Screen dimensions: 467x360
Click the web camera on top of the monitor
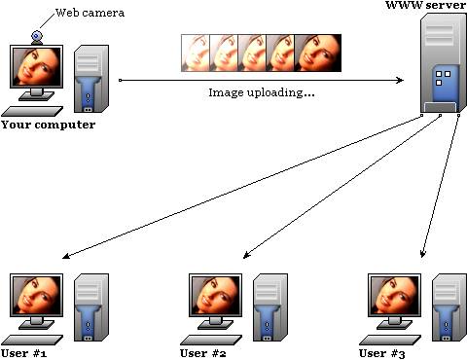pyautogui.click(x=37, y=37)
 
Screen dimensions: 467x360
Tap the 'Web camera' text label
pyautogui.click(x=90, y=13)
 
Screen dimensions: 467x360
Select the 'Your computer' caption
pyautogui.click(x=49, y=125)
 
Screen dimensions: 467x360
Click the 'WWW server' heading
pyautogui.click(x=425, y=5)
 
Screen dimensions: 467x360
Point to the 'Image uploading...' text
pyautogui.click(x=262, y=92)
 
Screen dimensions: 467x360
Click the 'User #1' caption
pyautogui.click(x=23, y=353)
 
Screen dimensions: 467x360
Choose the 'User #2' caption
pyautogui.click(x=203, y=353)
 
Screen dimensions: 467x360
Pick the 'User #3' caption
pyautogui.click(x=382, y=353)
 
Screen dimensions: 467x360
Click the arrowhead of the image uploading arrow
pyautogui.click(x=400, y=80)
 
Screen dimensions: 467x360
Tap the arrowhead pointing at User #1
pyautogui.click(x=66, y=256)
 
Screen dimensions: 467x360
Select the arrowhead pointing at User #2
pyautogui.click(x=246, y=255)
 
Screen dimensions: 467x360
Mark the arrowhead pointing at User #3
pyautogui.click(x=422, y=253)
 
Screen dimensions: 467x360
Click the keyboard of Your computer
pyautogui.click(x=32, y=111)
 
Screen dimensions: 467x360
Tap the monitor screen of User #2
pyautogui.click(x=215, y=295)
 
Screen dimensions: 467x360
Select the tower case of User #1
pyautogui.click(x=91, y=307)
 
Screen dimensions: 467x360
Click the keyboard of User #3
pyautogui.click(x=390, y=340)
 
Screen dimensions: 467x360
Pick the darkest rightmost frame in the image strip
pyautogui.click(x=318, y=53)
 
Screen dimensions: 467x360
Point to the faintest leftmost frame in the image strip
pyautogui.click(x=196, y=53)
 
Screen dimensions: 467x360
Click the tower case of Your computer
pyautogui.click(x=91, y=79)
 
